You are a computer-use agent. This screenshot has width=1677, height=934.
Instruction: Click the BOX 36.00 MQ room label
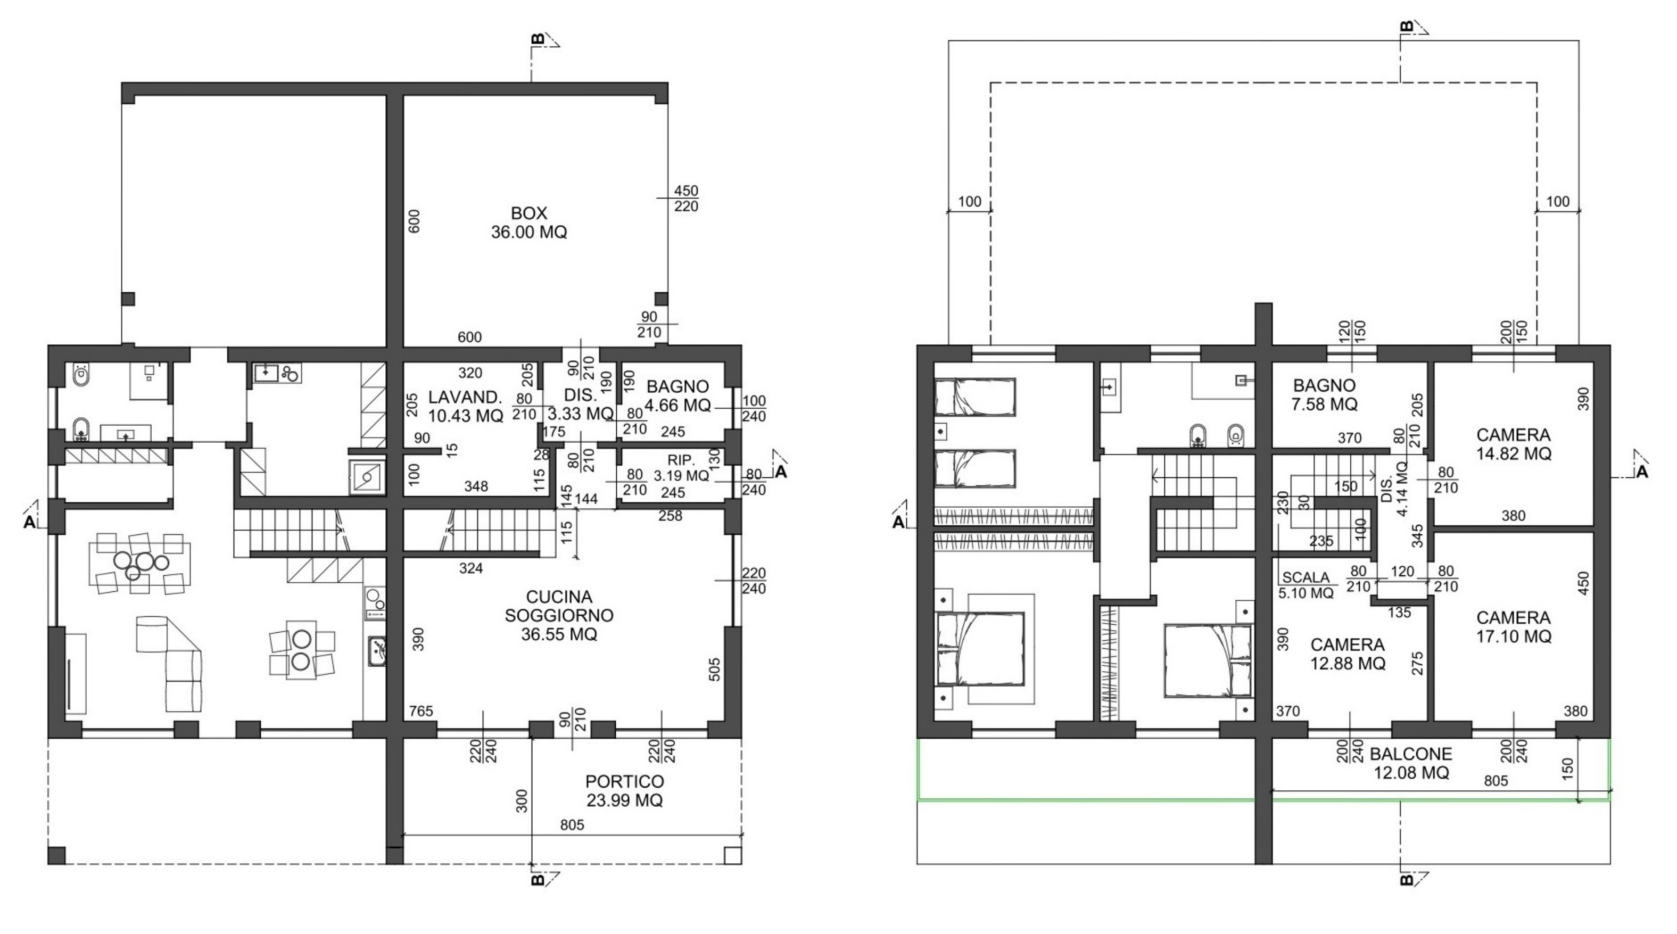click(528, 222)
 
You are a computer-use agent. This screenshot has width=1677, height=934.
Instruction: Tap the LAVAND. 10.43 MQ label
click(466, 406)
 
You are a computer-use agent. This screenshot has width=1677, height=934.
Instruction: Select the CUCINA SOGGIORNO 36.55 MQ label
click(559, 616)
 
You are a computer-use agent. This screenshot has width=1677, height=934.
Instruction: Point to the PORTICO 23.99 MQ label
click(624, 791)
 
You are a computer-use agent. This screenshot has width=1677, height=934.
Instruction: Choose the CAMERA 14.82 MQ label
click(1513, 444)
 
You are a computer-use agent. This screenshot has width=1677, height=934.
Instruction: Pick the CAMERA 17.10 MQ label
click(1513, 627)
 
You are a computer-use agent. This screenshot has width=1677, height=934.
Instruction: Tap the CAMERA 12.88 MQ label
click(1347, 654)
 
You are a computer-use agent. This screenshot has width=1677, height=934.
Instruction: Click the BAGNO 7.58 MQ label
click(1324, 395)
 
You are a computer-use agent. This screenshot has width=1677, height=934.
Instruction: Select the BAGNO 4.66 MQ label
click(677, 396)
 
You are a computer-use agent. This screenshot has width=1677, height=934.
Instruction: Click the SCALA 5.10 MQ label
click(1306, 585)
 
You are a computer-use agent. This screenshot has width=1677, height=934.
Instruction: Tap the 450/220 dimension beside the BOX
click(685, 199)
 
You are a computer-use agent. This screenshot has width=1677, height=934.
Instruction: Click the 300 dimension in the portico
click(522, 801)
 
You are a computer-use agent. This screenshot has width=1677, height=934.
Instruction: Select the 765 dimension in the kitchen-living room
click(420, 711)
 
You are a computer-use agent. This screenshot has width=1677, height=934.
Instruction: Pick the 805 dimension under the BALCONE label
click(1496, 780)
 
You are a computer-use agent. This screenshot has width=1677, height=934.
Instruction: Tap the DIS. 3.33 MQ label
click(580, 404)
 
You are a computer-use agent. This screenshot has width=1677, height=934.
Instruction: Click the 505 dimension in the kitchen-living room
click(714, 669)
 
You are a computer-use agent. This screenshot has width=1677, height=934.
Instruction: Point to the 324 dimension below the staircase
click(470, 568)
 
